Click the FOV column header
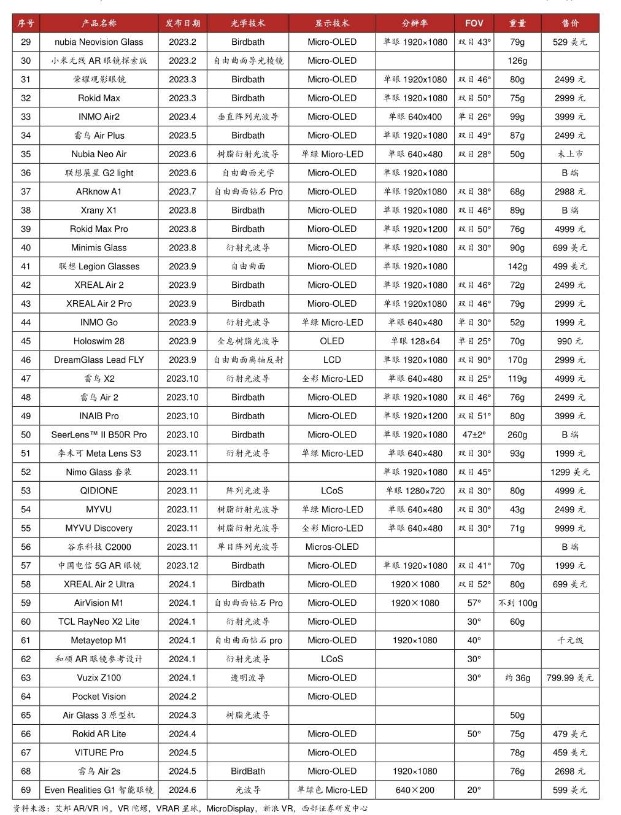tap(474, 23)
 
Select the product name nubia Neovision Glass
tap(99, 42)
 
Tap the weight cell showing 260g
tap(517, 435)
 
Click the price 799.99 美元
tap(569, 678)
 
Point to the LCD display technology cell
tap(331, 360)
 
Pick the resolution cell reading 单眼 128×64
tap(415, 341)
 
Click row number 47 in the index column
tap(26, 379)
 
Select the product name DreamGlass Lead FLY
tap(99, 360)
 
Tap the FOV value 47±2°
tap(474, 435)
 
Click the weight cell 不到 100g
tap(517, 603)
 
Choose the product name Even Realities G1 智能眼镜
tap(99, 790)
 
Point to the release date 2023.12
tap(182, 566)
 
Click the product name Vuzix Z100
tap(99, 678)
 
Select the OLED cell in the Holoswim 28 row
tap(331, 341)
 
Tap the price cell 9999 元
tap(569, 528)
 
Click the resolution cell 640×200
tap(415, 790)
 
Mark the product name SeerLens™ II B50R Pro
tap(99, 435)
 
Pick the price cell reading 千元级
tap(569, 641)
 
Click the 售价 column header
tap(569, 23)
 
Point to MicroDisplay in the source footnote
tap(230, 809)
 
